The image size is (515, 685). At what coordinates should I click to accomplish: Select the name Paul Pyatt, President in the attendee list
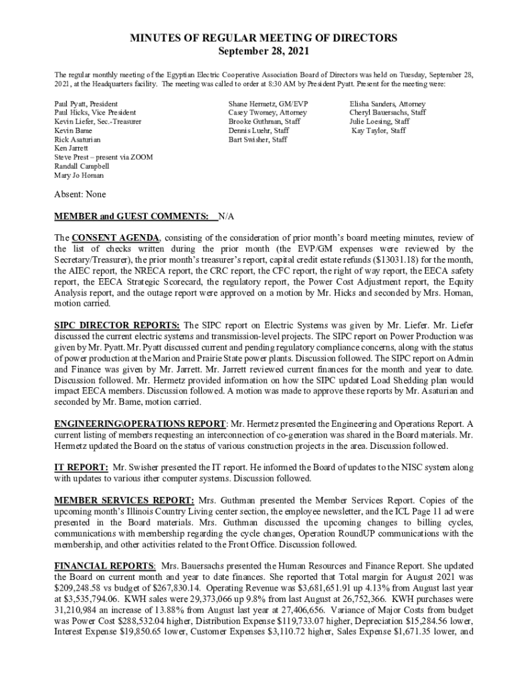click(86, 104)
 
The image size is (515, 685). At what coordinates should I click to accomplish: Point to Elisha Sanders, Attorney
click(387, 104)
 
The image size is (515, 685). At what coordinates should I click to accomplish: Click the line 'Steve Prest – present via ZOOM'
click(104, 157)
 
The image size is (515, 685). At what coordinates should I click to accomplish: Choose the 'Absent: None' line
click(80, 195)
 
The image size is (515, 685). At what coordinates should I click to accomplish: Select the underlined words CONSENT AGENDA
click(116, 238)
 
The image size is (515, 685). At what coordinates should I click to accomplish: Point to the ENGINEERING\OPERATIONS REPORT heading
click(140, 424)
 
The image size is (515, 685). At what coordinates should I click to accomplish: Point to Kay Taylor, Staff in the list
click(379, 131)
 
